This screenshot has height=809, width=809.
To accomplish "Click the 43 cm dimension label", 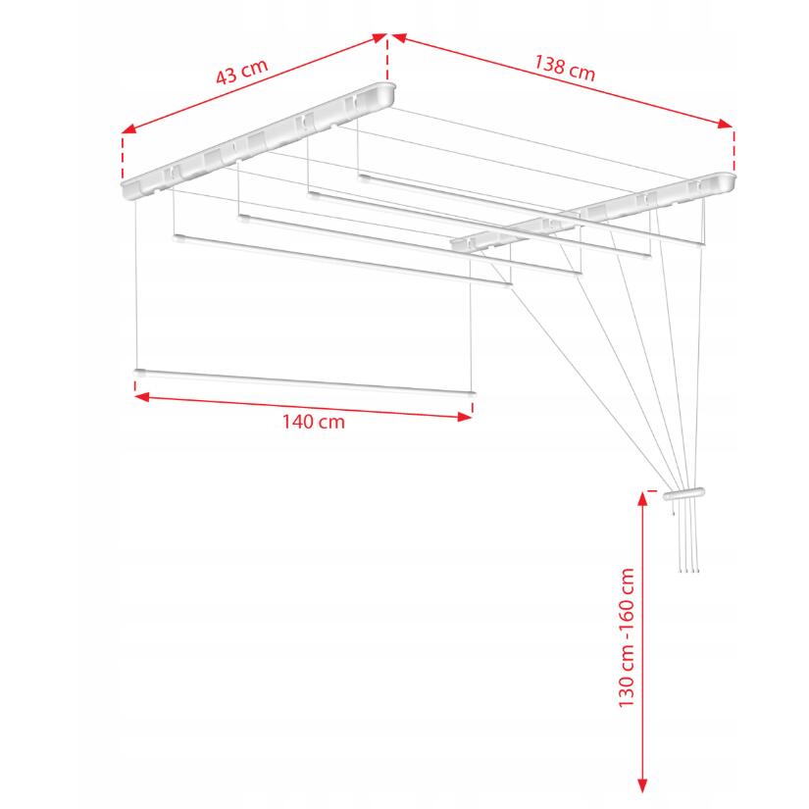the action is click(241, 72).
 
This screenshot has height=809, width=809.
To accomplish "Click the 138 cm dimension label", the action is click(565, 68).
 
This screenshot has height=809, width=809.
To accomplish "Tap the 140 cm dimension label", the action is click(313, 422).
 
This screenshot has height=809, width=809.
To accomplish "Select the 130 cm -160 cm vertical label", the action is click(627, 637).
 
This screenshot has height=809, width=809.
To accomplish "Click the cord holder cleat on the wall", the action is click(683, 494).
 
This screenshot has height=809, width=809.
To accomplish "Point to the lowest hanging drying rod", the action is click(304, 382).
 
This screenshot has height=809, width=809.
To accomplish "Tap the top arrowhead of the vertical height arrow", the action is click(642, 500).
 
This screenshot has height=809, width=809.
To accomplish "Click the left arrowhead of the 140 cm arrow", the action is click(142, 397).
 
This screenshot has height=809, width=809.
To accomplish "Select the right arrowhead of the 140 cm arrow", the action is click(465, 417).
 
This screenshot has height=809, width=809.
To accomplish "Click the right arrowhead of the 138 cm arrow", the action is click(725, 124).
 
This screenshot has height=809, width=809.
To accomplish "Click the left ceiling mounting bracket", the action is click(258, 141).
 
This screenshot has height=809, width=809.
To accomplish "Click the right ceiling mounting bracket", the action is click(593, 212).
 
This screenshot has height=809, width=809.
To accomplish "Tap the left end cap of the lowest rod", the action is click(140, 372).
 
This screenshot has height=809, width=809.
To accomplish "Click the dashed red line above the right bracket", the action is click(733, 151).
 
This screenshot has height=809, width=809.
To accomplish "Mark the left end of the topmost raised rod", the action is click(364, 177).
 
